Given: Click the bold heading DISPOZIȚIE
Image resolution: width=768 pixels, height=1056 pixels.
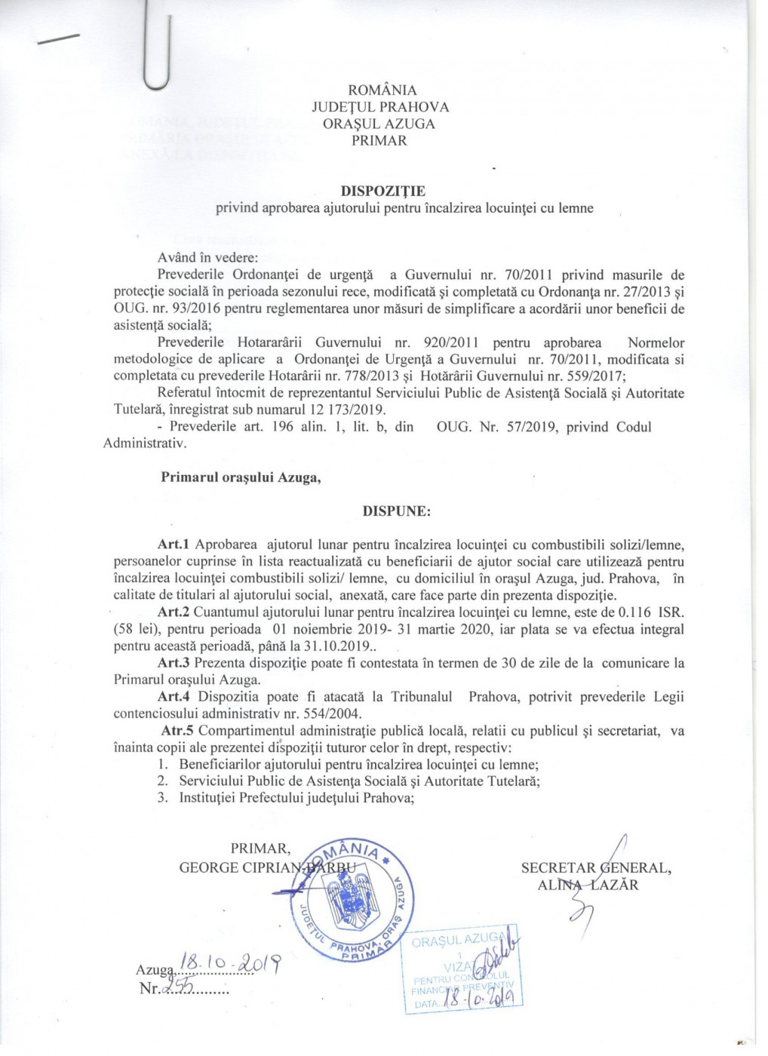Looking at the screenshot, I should [x=382, y=192].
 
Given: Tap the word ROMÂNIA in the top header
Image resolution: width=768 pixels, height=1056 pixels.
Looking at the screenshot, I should [x=382, y=91].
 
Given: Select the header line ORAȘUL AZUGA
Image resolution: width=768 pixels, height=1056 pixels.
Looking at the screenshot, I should [x=379, y=124].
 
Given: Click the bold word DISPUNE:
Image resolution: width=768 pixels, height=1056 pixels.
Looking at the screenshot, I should [x=397, y=511].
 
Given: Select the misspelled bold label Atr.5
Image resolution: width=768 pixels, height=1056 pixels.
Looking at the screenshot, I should [x=177, y=731].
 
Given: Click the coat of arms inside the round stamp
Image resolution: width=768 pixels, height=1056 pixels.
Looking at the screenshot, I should [x=349, y=900].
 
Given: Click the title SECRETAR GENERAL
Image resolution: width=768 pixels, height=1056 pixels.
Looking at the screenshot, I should [x=595, y=867].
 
